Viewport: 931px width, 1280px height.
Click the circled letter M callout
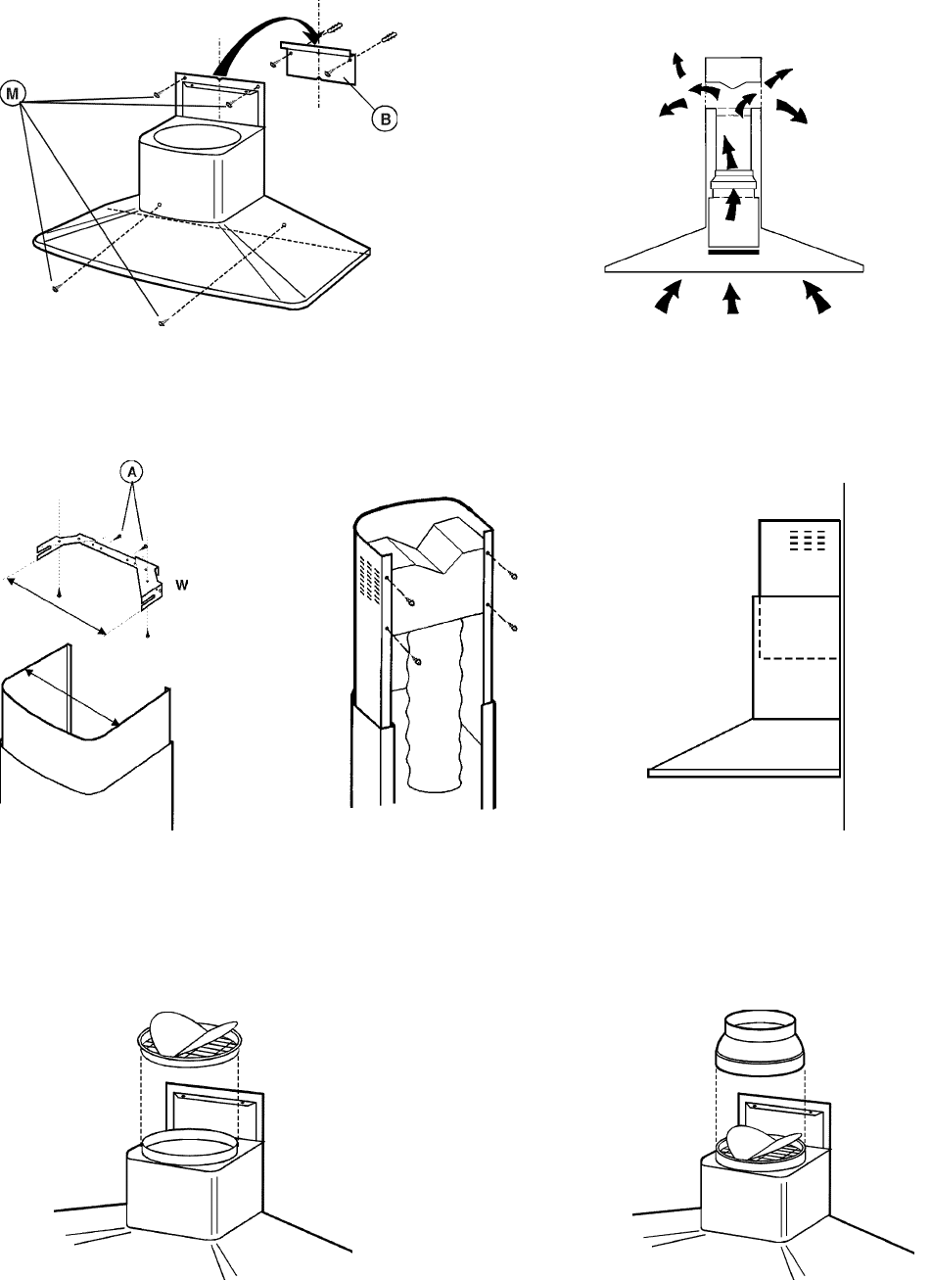[x=12, y=94]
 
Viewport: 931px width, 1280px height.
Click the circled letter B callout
[x=385, y=119]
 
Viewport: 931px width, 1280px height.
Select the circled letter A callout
[x=132, y=472]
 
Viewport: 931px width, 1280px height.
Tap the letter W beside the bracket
[x=182, y=585]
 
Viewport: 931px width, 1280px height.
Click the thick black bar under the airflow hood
[x=733, y=252]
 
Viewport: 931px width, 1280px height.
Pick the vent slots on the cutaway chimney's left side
[x=370, y=578]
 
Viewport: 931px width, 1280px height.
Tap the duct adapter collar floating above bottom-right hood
[x=760, y=1045]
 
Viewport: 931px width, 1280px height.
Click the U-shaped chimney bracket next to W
[x=98, y=566]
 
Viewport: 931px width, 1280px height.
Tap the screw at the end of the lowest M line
[x=163, y=323]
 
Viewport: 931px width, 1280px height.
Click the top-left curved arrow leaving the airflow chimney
[x=678, y=65]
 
